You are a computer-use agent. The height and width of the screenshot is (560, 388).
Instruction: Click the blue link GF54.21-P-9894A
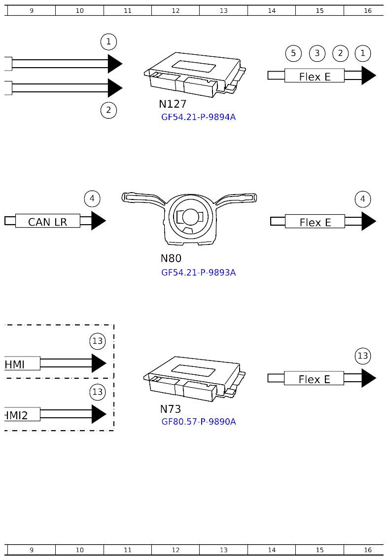click(x=198, y=118)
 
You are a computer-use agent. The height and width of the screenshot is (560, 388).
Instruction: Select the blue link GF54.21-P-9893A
click(x=198, y=273)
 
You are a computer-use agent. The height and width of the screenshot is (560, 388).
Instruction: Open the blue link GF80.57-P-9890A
click(x=198, y=422)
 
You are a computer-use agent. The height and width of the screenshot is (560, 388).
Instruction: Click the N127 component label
click(x=172, y=104)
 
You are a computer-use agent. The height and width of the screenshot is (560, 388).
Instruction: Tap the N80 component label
click(x=171, y=258)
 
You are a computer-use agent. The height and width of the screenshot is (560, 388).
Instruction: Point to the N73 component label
click(x=170, y=409)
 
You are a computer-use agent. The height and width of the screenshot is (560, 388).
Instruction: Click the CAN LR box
click(x=47, y=221)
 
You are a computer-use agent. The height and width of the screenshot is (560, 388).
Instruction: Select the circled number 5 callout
click(x=293, y=53)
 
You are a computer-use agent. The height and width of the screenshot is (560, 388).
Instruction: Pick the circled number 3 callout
click(x=317, y=53)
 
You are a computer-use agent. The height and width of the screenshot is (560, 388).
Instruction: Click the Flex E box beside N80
click(x=315, y=222)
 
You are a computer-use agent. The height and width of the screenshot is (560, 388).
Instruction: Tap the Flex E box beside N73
click(x=314, y=379)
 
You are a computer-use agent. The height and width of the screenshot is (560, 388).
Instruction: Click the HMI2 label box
click(x=22, y=415)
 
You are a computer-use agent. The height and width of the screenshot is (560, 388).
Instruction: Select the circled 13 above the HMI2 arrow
click(x=98, y=393)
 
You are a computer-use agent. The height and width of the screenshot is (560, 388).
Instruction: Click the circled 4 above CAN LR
click(x=92, y=199)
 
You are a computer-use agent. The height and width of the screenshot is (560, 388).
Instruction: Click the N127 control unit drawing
click(x=194, y=76)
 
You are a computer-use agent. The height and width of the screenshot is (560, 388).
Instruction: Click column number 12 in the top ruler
click(x=176, y=10)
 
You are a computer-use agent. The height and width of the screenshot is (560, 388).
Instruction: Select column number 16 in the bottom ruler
click(x=367, y=550)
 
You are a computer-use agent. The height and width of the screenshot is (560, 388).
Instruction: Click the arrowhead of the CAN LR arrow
click(x=98, y=221)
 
